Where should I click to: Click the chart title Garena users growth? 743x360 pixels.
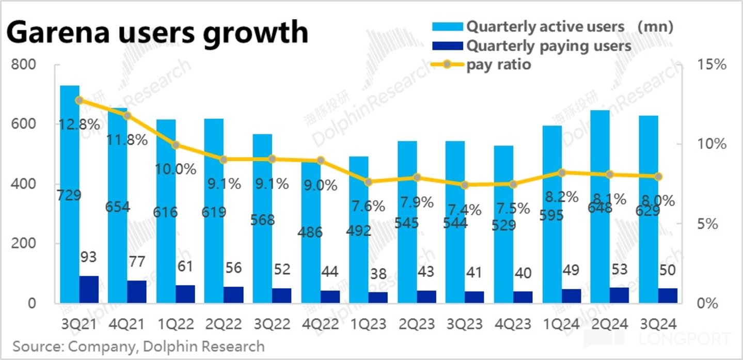coord(157,32)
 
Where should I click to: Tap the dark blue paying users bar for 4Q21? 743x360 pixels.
coord(137,292)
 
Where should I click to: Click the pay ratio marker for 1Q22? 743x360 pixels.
coord(176,145)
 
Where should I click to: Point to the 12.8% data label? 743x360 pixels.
coord(81,125)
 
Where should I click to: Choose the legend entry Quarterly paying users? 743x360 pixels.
coord(548,46)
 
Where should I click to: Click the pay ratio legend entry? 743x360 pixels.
coord(499,65)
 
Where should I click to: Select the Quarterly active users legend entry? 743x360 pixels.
coord(545,27)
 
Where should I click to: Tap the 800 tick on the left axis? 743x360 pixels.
coord(25,65)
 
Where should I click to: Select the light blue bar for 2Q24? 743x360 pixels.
coord(600,207)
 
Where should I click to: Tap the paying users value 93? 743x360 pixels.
coord(89,257)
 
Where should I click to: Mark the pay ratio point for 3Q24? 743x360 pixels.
coord(658,177)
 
